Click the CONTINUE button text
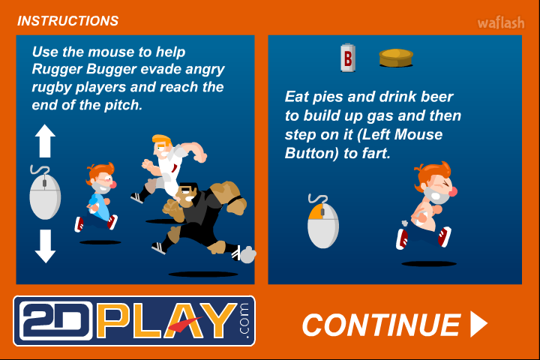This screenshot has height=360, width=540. [381, 325]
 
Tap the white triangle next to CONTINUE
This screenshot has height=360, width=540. [478, 324]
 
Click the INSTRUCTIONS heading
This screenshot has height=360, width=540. [67, 21]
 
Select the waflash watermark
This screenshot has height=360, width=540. [501, 23]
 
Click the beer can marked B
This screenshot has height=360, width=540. [348, 58]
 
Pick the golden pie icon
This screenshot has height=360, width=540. [396, 58]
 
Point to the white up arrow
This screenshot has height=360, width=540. [45, 141]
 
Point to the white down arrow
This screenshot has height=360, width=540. [45, 246]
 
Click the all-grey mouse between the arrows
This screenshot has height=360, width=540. [45, 196]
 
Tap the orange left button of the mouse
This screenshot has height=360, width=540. [316, 211]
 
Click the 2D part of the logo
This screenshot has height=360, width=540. [55, 321]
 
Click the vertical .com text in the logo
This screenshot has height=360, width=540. [244, 321]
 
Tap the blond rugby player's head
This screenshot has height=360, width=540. [162, 145]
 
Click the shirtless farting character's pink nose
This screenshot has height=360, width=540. [454, 191]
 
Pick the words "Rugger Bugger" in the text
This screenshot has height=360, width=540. [84, 69]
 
